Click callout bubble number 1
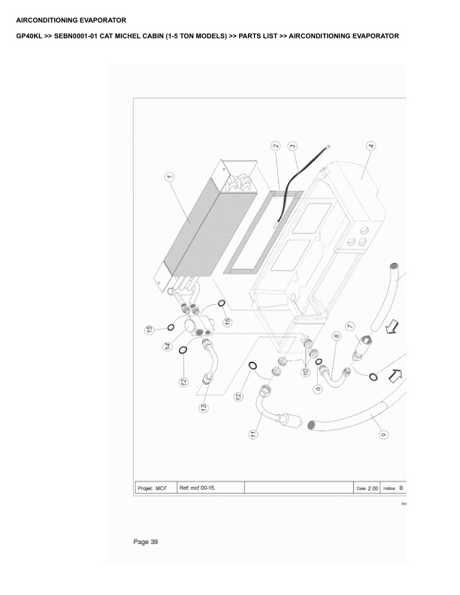[x=170, y=177]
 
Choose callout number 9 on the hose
[x=383, y=433]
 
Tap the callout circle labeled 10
[x=307, y=372]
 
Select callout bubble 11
[x=254, y=434]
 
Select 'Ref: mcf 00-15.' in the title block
[x=200, y=488]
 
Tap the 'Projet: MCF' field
[x=152, y=488]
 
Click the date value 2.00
[x=373, y=488]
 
